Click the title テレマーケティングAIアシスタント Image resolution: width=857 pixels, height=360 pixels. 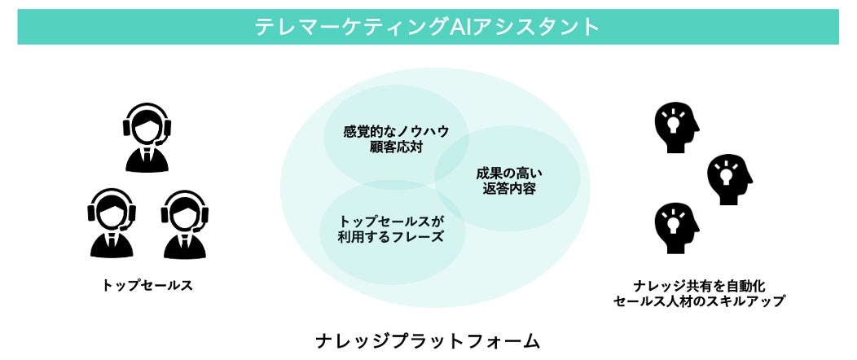point(428,27)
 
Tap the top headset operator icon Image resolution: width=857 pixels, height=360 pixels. point(147,138)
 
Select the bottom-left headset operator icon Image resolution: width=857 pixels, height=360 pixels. point(111,223)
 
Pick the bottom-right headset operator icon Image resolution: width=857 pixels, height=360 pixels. point(185,223)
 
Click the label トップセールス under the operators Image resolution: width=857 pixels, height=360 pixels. point(147,285)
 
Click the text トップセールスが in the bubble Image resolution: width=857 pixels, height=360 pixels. point(391,221)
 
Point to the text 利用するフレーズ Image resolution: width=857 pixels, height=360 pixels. point(391,237)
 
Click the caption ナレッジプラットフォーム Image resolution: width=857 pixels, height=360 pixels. point(428,340)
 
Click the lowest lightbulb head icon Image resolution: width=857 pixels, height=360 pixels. point(677,229)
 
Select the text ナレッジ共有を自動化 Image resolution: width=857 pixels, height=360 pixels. point(699,285)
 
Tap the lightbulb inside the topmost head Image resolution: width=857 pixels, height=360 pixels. point(673,123)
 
